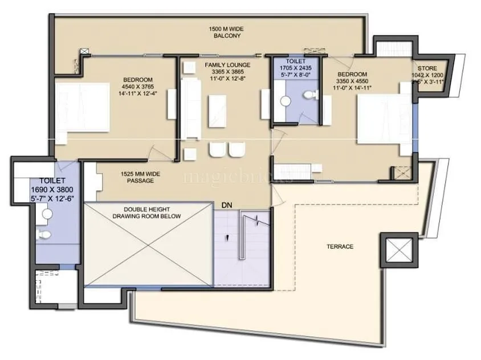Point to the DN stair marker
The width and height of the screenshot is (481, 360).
227,204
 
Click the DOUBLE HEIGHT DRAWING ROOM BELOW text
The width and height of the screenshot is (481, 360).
146,213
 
